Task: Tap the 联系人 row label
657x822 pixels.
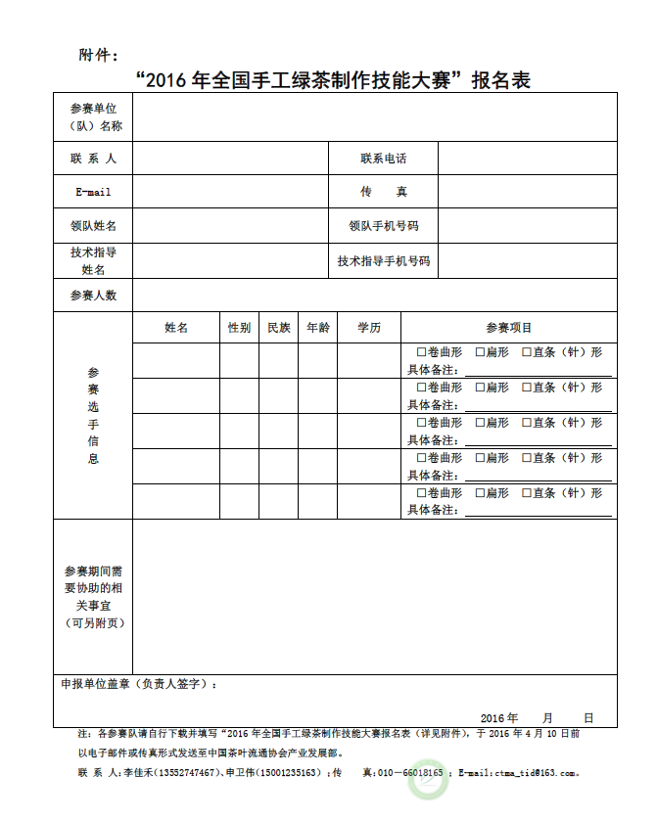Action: point(93,159)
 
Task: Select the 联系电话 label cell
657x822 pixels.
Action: point(383,159)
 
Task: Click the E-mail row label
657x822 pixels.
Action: point(93,192)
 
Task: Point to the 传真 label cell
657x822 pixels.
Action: point(383,192)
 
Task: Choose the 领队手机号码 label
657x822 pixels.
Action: point(383,226)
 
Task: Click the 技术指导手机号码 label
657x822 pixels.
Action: point(383,261)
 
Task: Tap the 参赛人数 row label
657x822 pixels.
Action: point(93,296)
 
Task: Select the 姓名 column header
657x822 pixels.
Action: point(176,328)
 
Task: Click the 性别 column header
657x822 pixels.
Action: point(239,328)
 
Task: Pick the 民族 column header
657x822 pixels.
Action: point(279,328)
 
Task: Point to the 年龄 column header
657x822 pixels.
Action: point(318,328)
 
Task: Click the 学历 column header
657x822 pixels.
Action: point(369,328)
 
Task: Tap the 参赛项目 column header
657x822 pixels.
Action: point(508,328)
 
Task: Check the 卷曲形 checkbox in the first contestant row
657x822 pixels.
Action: point(421,352)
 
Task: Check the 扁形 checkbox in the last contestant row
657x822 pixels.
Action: point(480,493)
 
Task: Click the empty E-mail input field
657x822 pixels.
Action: point(229,192)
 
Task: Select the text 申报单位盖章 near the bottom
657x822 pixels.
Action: point(96,685)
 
